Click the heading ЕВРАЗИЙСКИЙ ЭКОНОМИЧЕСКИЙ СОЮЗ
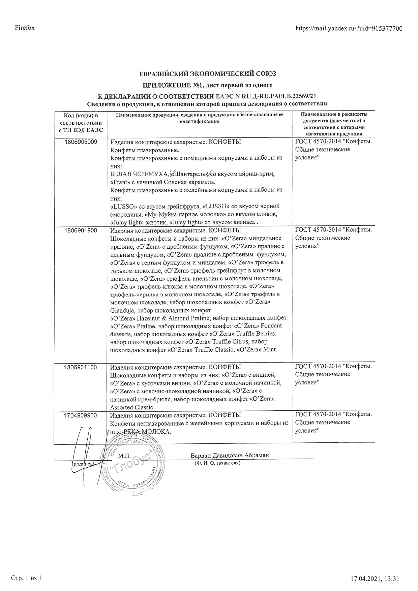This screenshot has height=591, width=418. click(x=208, y=73)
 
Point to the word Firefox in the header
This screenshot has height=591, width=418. click(x=25, y=28)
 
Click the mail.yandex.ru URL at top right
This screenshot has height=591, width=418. click(x=349, y=28)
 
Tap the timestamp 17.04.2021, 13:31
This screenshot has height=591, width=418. click(x=375, y=579)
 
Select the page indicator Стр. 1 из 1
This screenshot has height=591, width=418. click(x=27, y=578)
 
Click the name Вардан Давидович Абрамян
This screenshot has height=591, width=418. click(x=230, y=455)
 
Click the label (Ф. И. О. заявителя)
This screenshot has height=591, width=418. click(x=217, y=463)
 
